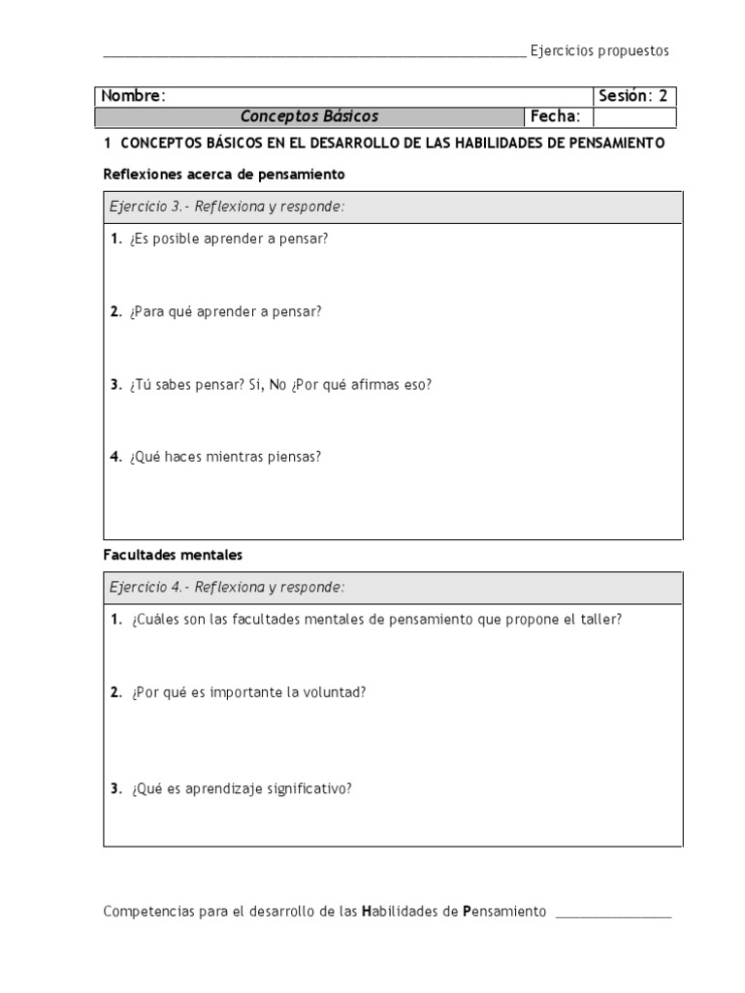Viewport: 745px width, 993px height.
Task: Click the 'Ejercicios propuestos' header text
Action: click(599, 51)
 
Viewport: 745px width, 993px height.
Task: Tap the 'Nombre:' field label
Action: click(133, 96)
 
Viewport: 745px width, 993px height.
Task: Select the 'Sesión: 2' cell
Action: click(632, 96)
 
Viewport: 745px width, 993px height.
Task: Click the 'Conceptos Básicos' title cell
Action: click(309, 117)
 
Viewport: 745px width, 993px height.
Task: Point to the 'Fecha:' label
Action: click(555, 117)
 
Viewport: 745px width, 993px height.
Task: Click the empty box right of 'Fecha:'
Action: click(633, 117)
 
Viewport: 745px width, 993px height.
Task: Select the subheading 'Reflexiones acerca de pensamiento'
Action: click(224, 175)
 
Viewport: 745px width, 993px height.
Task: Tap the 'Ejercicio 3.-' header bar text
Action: click(149, 208)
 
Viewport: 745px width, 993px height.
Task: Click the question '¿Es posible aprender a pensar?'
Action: click(228, 239)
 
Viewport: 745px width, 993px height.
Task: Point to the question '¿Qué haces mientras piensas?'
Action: click(223, 457)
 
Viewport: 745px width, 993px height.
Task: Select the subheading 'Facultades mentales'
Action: click(173, 556)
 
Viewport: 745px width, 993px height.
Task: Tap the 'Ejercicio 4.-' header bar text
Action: click(149, 588)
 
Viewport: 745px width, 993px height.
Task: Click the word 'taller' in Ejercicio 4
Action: click(601, 620)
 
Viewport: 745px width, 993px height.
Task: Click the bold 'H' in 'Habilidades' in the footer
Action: click(367, 913)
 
